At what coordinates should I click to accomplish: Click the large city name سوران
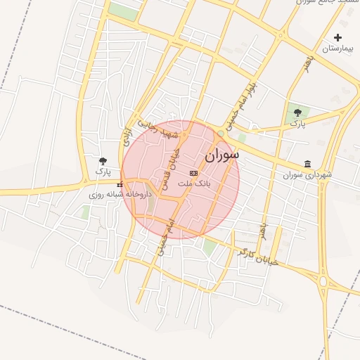point(222,154)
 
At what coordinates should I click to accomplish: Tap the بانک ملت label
point(194,184)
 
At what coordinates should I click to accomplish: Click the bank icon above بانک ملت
point(194,173)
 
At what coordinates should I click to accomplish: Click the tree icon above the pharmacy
point(103,161)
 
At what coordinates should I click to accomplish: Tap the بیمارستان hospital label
point(337,49)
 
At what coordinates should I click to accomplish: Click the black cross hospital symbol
point(338,38)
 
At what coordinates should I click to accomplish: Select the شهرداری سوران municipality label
point(307,174)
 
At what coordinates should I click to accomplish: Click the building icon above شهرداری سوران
point(307,164)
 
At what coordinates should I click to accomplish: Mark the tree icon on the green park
point(298,112)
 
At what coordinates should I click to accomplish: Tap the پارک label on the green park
point(298,123)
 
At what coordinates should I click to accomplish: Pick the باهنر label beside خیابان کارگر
point(263,231)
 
